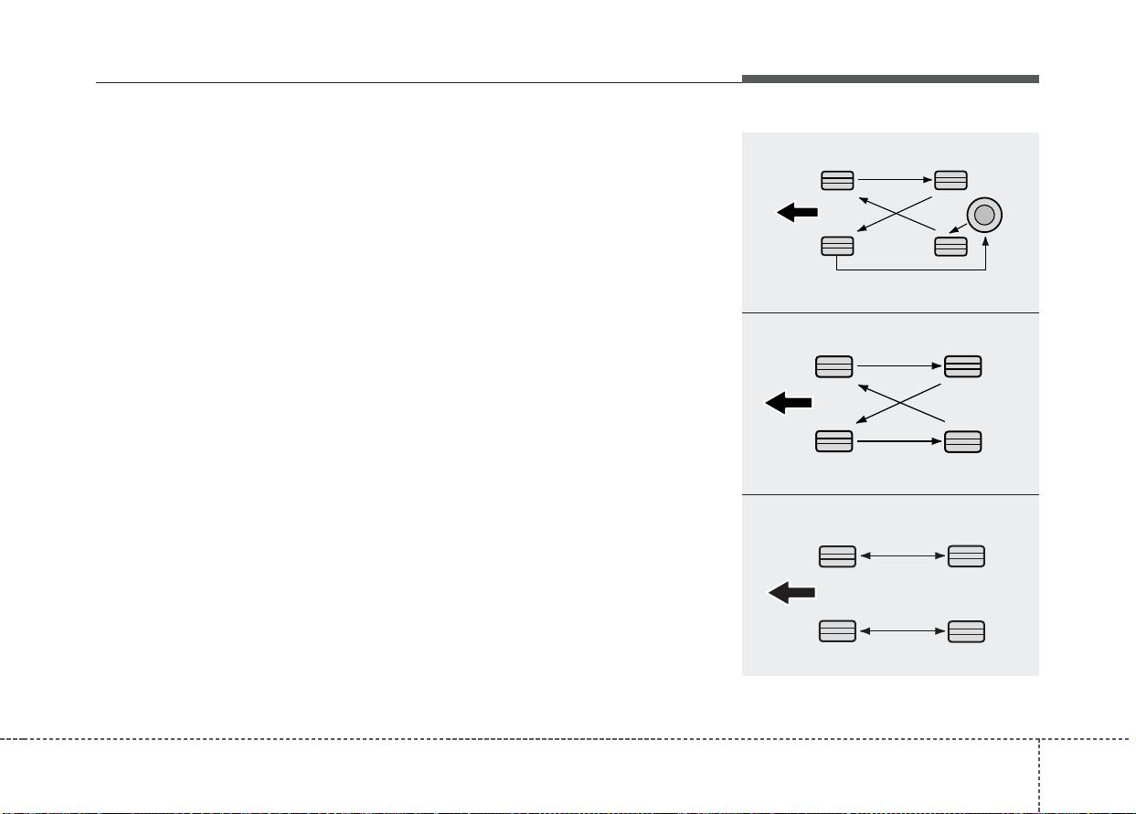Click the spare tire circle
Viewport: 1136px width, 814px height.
coord(983,215)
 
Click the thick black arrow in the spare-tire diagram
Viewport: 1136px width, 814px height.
coord(796,213)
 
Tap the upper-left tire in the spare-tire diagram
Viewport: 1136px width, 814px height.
coord(837,180)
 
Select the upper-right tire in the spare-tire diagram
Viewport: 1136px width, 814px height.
coord(950,180)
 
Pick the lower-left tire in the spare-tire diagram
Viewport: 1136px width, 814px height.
coord(837,246)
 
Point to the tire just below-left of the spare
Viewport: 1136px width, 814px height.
coord(950,246)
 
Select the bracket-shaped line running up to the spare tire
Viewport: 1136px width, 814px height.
coord(912,270)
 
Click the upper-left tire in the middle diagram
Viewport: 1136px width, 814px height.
coord(833,366)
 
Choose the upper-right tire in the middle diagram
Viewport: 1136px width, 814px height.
coord(963,366)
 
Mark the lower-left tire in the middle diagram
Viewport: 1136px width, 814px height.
coord(833,441)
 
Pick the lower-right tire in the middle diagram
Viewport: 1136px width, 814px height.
coord(963,441)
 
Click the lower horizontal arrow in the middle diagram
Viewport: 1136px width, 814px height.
coord(898,441)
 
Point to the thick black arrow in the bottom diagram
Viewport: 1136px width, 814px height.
coord(791,593)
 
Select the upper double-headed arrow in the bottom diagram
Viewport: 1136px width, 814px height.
coord(902,555)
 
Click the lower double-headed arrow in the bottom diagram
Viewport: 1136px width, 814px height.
coord(902,631)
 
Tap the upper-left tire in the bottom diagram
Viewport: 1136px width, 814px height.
coord(837,555)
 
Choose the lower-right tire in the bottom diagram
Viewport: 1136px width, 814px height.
coord(966,631)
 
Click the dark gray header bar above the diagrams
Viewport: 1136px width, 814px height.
coord(890,79)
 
